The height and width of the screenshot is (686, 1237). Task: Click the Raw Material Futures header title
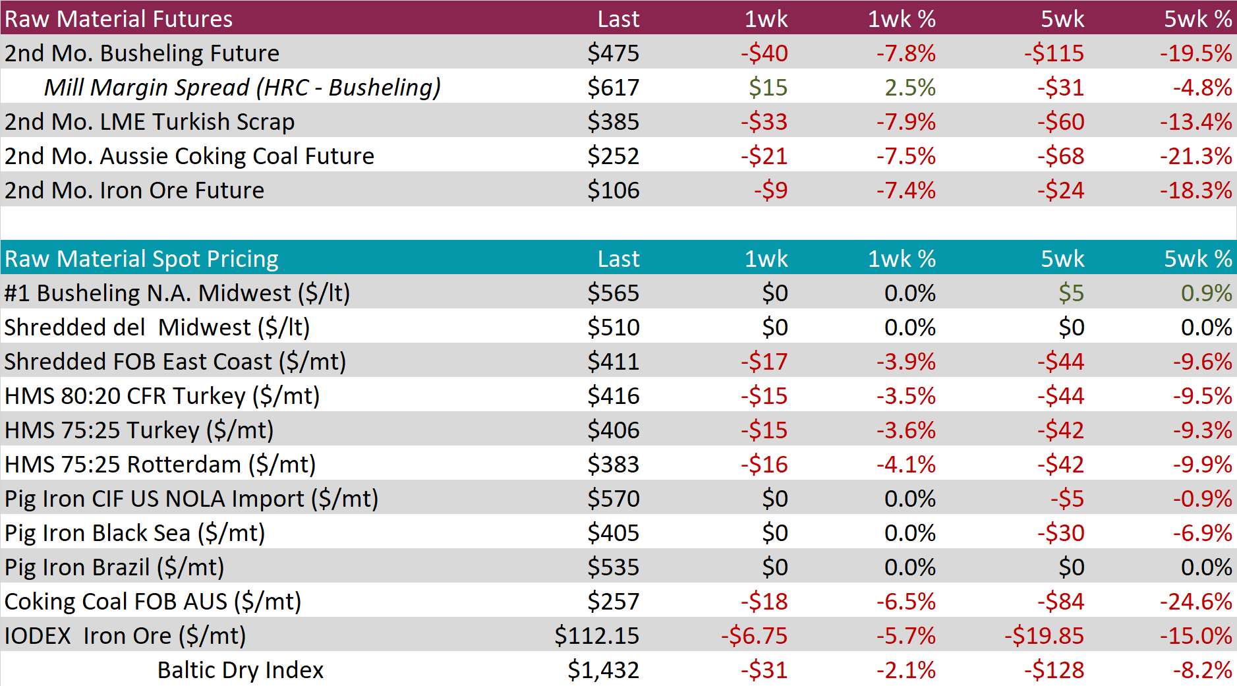pyautogui.click(x=119, y=19)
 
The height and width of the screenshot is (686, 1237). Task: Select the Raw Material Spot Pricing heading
pyautogui.click(x=142, y=259)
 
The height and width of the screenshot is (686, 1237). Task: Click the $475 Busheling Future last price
pyautogui.click(x=614, y=53)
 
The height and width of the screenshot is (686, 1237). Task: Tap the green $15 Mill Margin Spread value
pyautogui.click(x=768, y=88)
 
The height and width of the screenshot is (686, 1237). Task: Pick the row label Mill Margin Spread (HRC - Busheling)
pyautogui.click(x=243, y=88)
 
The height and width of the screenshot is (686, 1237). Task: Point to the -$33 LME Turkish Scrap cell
pyautogui.click(x=764, y=122)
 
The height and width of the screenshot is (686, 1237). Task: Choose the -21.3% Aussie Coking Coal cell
pyautogui.click(x=1196, y=156)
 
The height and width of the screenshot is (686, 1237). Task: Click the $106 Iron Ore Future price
pyautogui.click(x=614, y=190)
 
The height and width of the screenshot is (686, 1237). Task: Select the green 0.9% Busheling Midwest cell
pyautogui.click(x=1207, y=293)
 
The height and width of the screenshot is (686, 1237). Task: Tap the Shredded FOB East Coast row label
pyautogui.click(x=175, y=362)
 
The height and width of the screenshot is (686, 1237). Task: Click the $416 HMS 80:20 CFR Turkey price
pyautogui.click(x=614, y=396)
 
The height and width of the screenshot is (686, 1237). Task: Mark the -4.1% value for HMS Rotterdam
pyautogui.click(x=906, y=465)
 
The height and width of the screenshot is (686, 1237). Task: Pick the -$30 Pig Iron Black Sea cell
pyautogui.click(x=1060, y=533)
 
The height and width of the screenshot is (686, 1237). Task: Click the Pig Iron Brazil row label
pyautogui.click(x=115, y=567)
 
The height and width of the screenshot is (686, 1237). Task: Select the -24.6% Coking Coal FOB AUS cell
pyautogui.click(x=1196, y=602)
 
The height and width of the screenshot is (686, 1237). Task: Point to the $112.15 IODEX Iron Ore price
pyautogui.click(x=597, y=636)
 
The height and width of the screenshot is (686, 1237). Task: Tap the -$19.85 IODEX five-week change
pyautogui.click(x=1045, y=636)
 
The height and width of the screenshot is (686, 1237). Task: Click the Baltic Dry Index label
pyautogui.click(x=241, y=670)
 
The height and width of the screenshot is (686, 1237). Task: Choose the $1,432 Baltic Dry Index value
pyautogui.click(x=604, y=670)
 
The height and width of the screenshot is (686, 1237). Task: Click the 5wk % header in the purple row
pyautogui.click(x=1198, y=19)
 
